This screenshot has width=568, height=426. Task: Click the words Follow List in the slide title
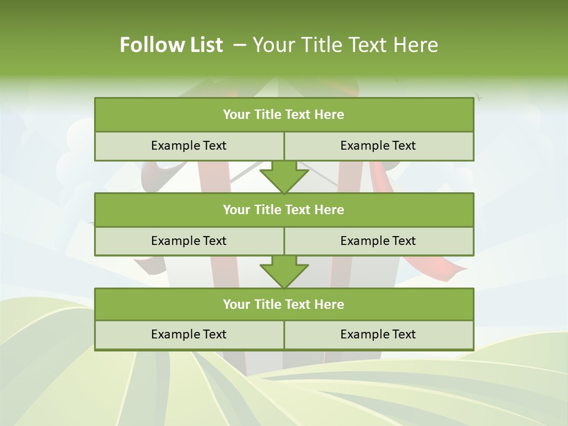(171, 45)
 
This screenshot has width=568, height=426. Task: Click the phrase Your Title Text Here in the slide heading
(346, 45)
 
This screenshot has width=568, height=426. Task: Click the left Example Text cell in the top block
(189, 146)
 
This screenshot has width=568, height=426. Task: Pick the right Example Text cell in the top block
(379, 146)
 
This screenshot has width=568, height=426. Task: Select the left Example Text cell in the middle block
(189, 241)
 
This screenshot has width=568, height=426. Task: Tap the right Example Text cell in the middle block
(379, 241)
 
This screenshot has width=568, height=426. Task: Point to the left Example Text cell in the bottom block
(189, 334)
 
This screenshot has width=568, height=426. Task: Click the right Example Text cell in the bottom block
(379, 334)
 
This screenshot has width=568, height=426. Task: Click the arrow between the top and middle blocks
(284, 177)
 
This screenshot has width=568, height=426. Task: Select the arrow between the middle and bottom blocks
(284, 272)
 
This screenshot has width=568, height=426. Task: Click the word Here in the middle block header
(330, 209)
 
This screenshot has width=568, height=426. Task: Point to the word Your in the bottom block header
(237, 304)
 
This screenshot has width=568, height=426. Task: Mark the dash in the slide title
(240, 45)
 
